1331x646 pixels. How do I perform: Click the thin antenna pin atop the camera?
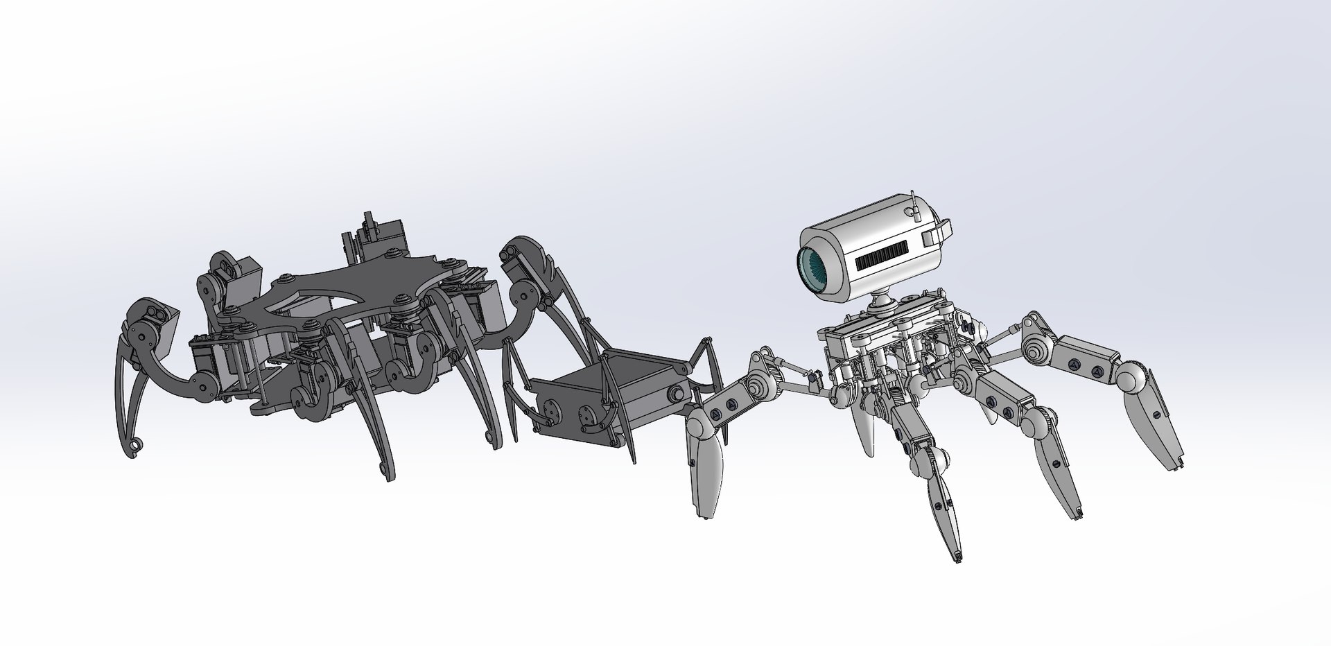tap(914, 200)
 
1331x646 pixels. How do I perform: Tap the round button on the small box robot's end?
tap(672, 394)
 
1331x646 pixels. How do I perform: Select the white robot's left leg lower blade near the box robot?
tap(705, 478)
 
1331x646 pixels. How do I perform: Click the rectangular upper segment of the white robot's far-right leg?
tap(1086, 358)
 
